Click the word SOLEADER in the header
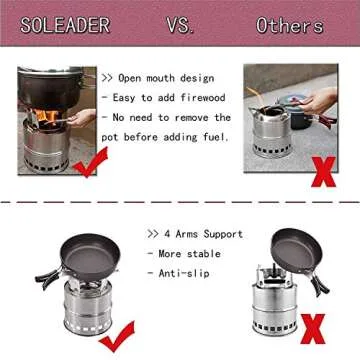pyautogui.click(x=62, y=27)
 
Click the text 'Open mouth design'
pyautogui.click(x=161, y=77)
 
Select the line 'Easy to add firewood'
pyautogui.click(x=166, y=97)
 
